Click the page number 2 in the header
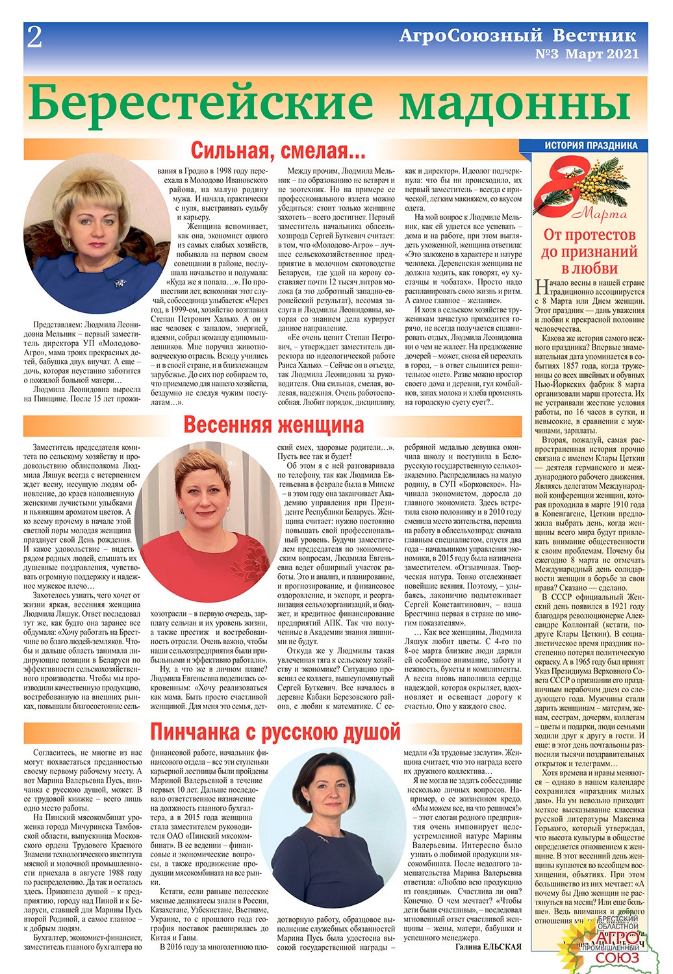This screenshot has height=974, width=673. tap(34, 38)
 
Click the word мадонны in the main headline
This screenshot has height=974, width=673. tap(514, 103)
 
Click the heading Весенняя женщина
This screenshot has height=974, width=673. tap(273, 425)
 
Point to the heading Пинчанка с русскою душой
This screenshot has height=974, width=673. tap(275, 732)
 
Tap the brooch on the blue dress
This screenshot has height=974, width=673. tap(120, 282)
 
